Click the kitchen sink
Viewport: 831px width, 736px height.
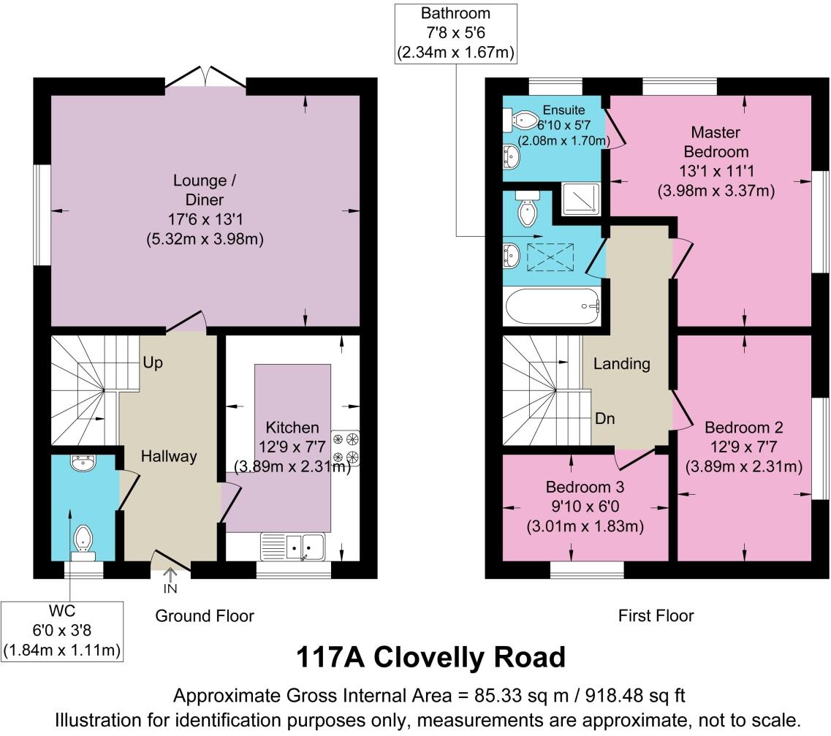pyautogui.click(x=292, y=547)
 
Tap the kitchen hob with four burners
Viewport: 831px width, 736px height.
pyautogui.click(x=346, y=448)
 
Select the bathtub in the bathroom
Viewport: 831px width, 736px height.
pyautogui.click(x=552, y=307)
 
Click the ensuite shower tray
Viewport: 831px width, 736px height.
pyautogui.click(x=581, y=199)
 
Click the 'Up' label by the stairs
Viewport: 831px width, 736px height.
pyautogui.click(x=153, y=363)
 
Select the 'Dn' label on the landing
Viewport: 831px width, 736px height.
pyautogui.click(x=604, y=419)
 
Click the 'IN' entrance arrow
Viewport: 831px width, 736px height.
pyautogui.click(x=170, y=581)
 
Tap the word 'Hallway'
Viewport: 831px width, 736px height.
pyautogui.click(x=169, y=456)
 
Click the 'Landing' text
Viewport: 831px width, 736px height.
pyautogui.click(x=622, y=363)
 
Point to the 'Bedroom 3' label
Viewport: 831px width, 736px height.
pyautogui.click(x=585, y=487)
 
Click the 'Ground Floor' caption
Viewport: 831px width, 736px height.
pyautogui.click(x=205, y=615)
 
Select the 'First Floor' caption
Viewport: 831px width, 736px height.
pyautogui.click(x=656, y=615)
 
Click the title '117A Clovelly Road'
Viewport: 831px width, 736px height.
pyautogui.click(x=431, y=657)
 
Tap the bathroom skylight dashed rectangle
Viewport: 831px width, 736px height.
pyautogui.click(x=550, y=257)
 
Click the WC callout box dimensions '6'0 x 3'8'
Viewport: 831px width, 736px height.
pyautogui.click(x=62, y=631)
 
